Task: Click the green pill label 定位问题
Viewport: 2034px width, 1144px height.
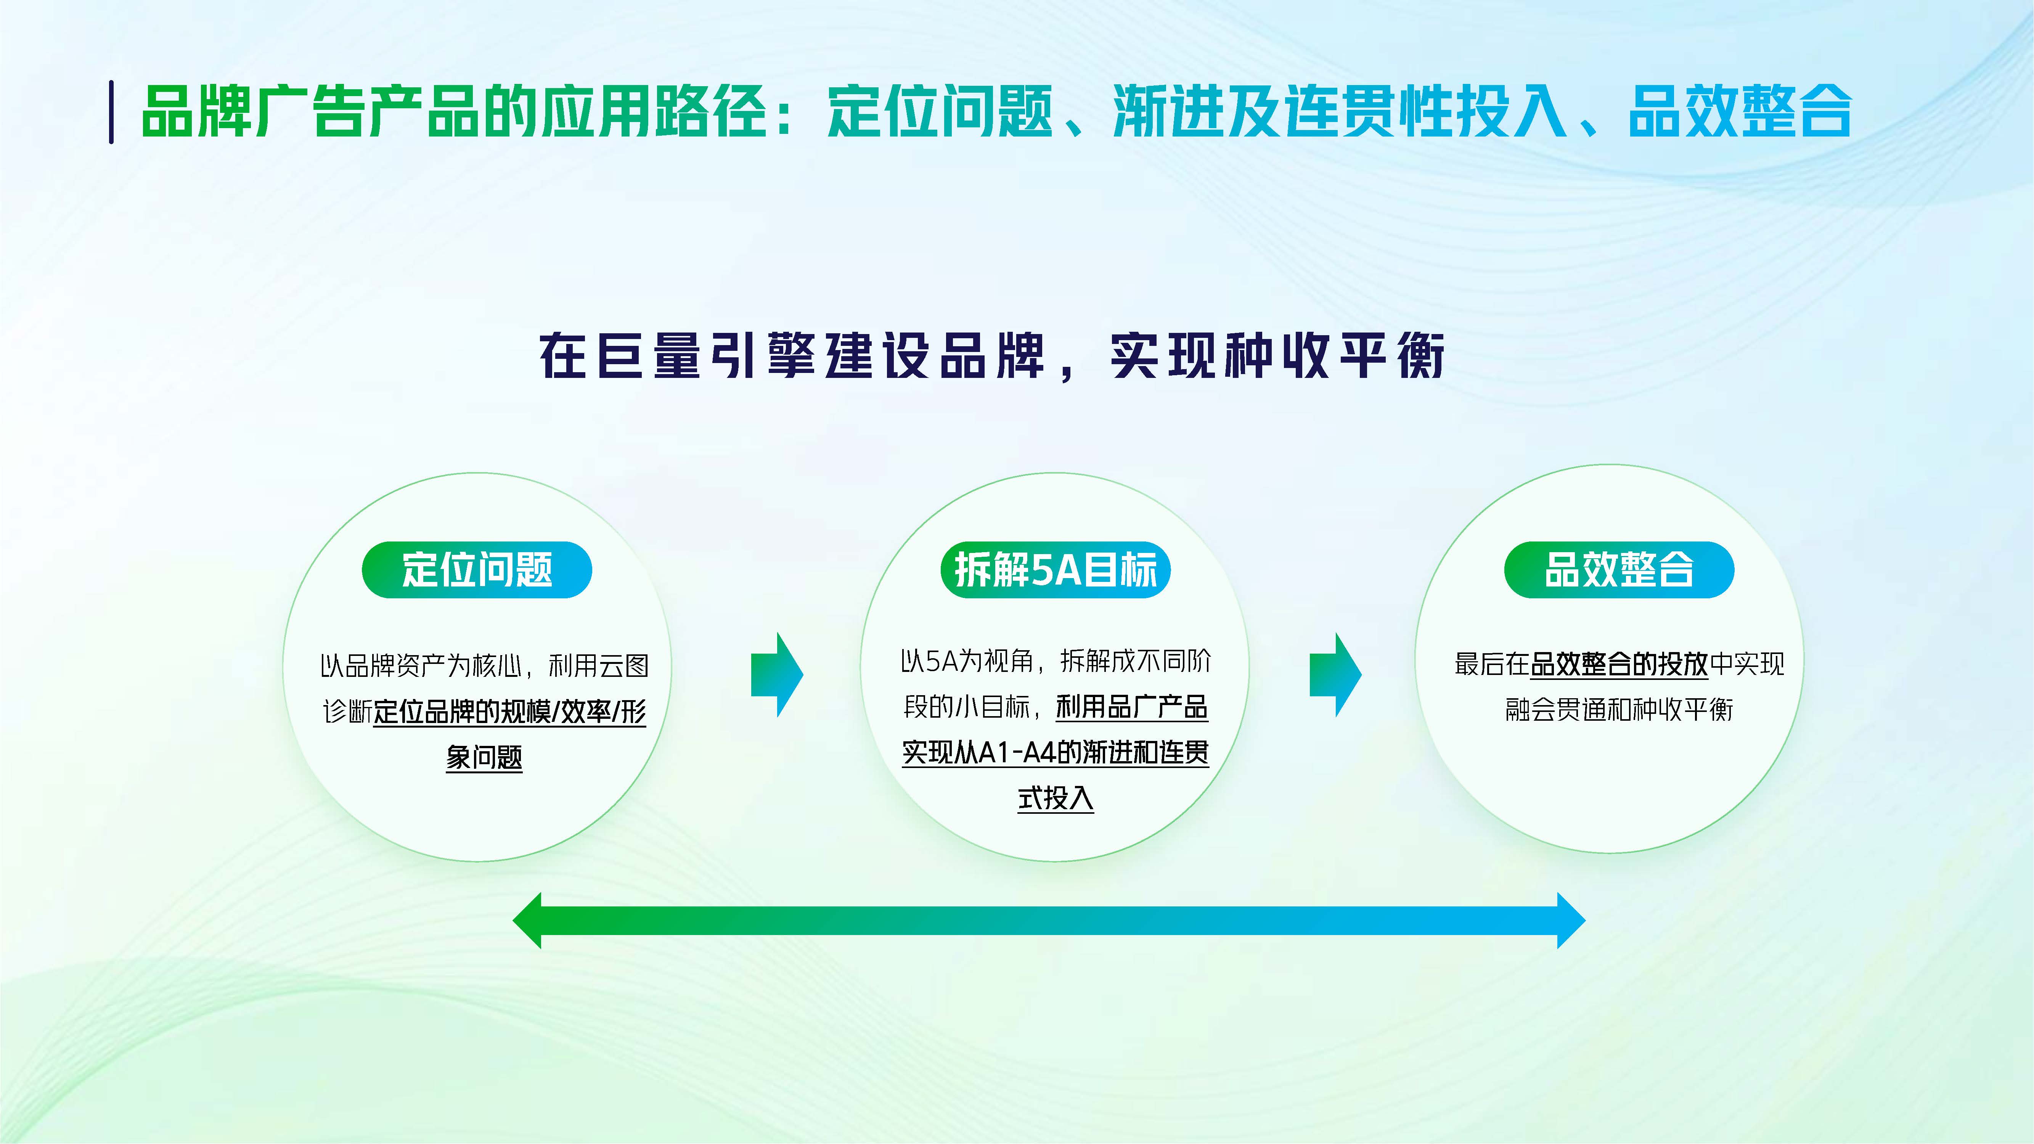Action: click(x=477, y=569)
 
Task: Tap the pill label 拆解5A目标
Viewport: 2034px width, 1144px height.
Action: click(x=1055, y=569)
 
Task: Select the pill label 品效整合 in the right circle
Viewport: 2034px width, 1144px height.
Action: click(x=1619, y=569)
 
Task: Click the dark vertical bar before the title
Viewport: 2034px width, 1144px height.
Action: click(x=111, y=112)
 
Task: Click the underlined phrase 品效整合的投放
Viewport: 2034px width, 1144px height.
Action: click(x=1619, y=664)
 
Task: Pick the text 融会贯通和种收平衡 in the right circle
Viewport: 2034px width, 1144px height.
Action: click(x=1619, y=710)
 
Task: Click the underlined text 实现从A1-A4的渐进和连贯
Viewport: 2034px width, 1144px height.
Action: click(x=1055, y=752)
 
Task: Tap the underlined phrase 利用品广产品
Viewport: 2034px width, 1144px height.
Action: click(x=1131, y=707)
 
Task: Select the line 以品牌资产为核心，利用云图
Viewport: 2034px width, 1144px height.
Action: click(x=484, y=665)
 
